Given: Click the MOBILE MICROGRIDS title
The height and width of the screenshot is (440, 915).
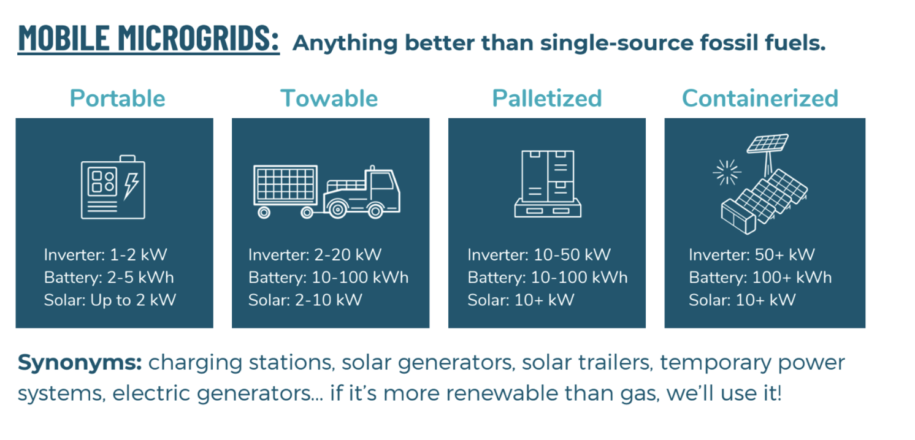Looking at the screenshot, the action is (148, 38).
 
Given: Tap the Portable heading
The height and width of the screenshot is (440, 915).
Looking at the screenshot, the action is (117, 99).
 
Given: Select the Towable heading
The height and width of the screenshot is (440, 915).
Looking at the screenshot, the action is (329, 99).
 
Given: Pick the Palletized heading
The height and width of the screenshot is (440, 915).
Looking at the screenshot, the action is (547, 99).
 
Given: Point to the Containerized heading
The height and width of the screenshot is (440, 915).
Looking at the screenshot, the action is (760, 99).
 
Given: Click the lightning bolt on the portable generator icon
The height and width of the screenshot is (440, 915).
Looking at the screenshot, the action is (131, 186).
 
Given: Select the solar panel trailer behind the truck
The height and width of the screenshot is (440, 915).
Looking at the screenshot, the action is (286, 191).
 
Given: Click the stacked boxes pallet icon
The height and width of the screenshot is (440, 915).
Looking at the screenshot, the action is (548, 184).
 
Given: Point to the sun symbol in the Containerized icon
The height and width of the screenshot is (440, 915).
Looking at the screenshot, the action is (727, 172).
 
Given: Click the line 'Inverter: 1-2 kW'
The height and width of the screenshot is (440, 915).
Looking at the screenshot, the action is (105, 255).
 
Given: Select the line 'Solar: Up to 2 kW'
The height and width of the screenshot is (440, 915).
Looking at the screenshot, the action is (110, 300).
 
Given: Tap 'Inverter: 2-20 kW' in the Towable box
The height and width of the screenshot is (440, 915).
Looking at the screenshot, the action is (315, 255).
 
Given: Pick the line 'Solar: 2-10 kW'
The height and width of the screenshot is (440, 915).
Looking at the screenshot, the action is (305, 300).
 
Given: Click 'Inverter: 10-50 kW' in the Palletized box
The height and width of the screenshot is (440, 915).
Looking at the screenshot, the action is (539, 255).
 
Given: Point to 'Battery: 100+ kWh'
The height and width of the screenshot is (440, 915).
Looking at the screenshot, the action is (760, 278).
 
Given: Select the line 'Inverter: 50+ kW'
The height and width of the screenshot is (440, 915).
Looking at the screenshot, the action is (752, 255).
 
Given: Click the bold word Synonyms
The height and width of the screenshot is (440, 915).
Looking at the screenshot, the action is (80, 363).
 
